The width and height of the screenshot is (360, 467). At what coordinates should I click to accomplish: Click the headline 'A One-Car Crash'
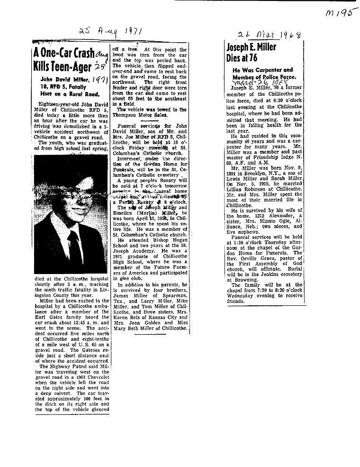pos(63,53)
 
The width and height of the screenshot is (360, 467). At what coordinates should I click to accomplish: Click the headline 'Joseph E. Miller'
pos(252,47)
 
